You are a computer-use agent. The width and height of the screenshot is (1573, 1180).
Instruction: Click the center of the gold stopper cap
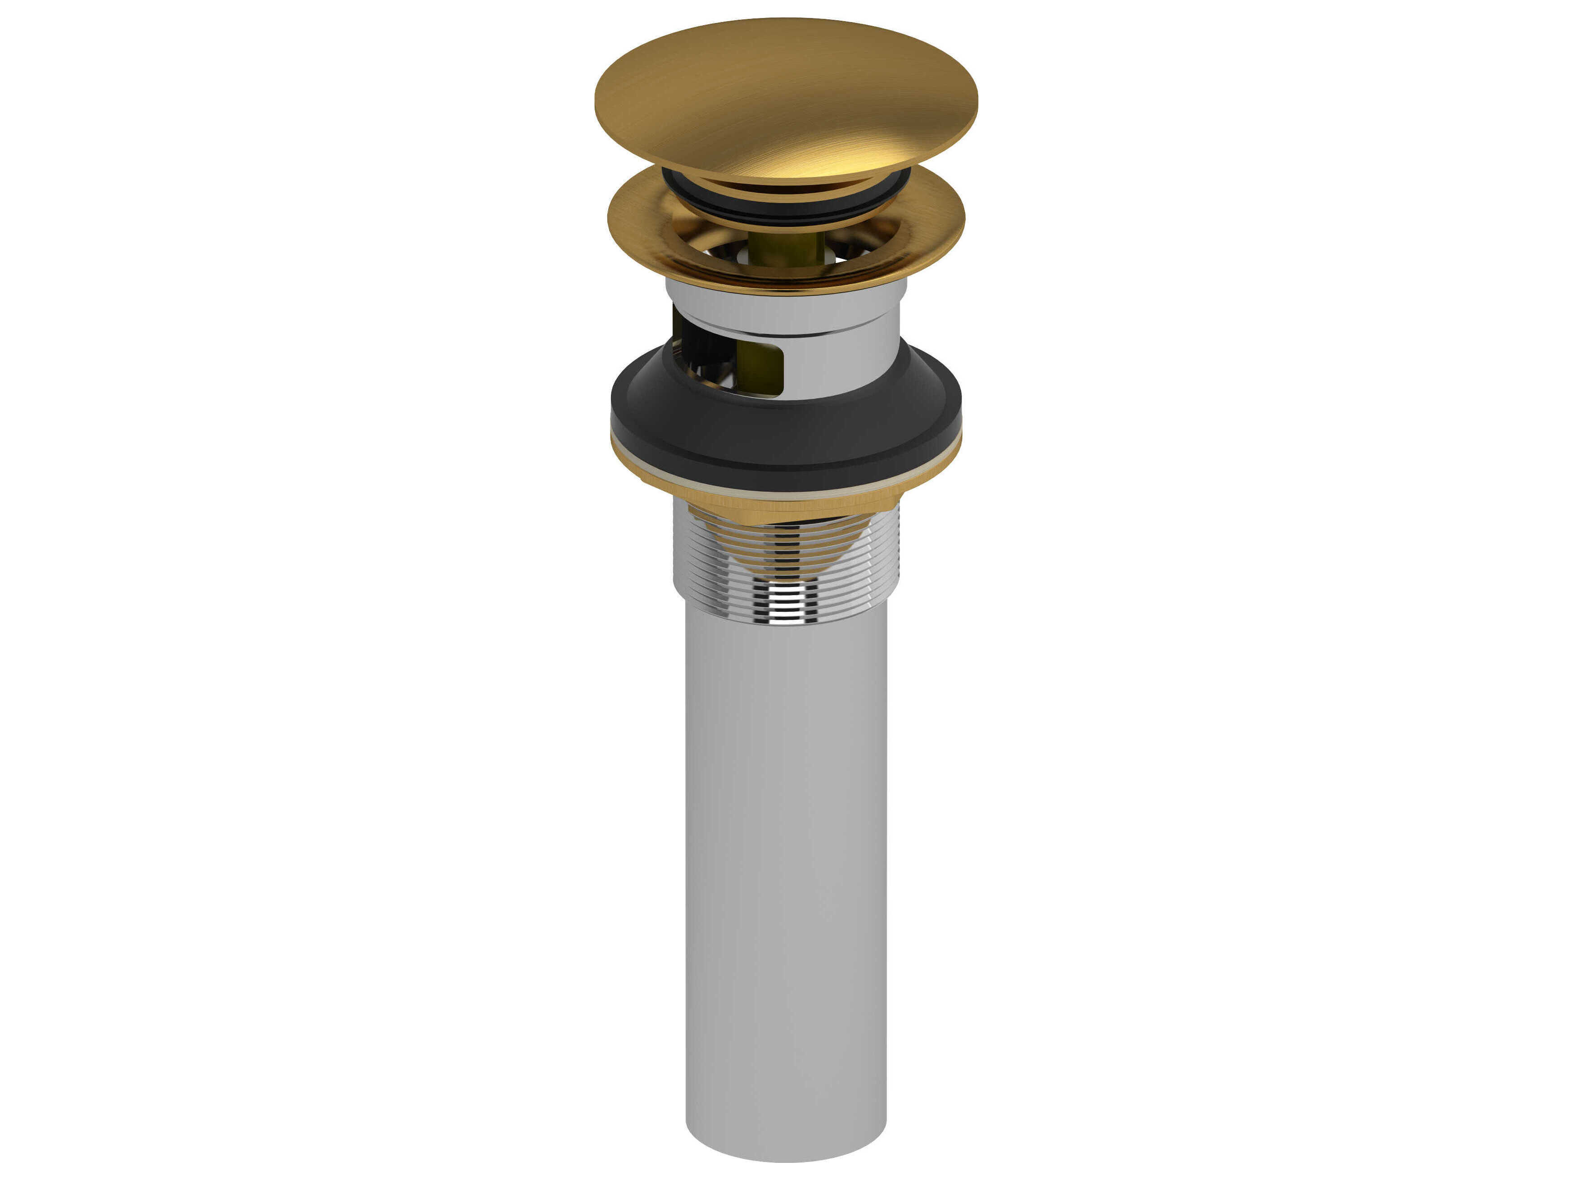786,99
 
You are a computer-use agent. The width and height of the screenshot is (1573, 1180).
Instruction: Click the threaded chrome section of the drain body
853,562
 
